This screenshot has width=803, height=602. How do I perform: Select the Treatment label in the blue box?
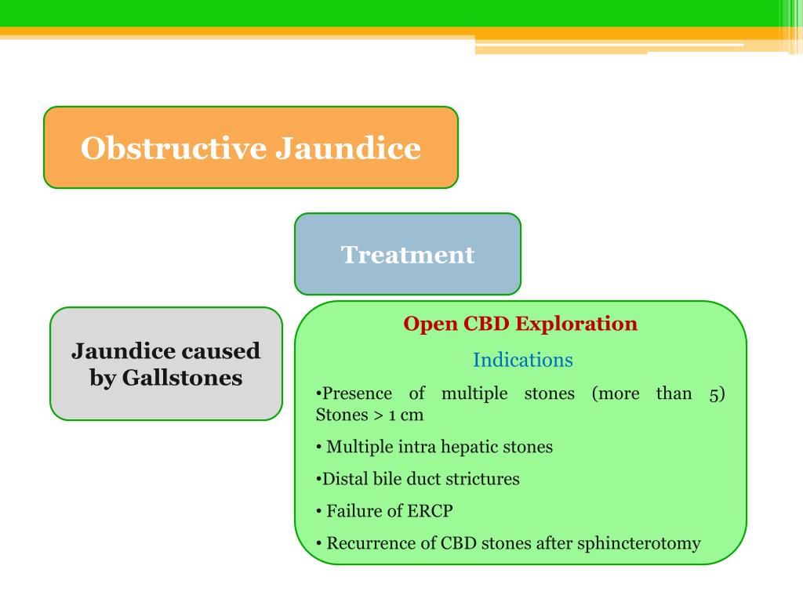408,255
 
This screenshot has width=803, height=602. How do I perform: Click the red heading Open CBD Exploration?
520,324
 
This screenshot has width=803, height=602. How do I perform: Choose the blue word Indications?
522,361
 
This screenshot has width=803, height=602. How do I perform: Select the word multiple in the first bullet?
474,394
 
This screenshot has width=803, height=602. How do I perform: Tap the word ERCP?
430,511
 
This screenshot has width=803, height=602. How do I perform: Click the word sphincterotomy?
638,543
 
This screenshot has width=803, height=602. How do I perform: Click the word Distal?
342,479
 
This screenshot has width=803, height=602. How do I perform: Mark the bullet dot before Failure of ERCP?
319,511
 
